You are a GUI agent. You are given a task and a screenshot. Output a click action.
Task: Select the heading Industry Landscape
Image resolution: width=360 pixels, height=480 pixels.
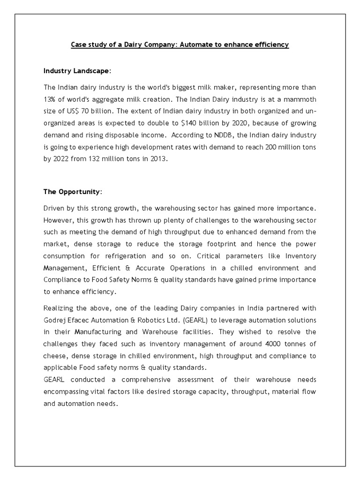[x=77, y=70]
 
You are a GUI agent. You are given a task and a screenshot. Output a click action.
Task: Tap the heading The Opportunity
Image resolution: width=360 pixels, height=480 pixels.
[x=71, y=192]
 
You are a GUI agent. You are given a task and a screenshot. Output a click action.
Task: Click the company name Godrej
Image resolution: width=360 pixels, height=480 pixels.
[x=54, y=319]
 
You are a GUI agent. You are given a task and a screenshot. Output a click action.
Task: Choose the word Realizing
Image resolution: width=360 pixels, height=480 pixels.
[x=59, y=307]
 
